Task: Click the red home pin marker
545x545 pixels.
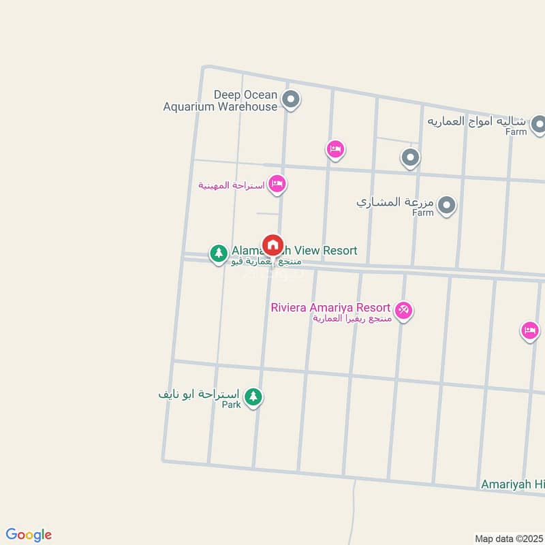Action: click(x=272, y=245)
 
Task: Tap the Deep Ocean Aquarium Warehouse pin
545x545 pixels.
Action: click(x=291, y=101)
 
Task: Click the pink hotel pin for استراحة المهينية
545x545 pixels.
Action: click(x=277, y=184)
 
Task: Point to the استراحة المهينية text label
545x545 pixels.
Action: click(x=232, y=185)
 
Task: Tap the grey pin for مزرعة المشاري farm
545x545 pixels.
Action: click(x=446, y=204)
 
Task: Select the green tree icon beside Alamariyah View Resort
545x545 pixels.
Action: click(x=218, y=253)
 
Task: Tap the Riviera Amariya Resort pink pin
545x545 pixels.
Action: click(x=403, y=311)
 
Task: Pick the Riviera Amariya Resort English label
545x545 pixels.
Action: click(x=330, y=307)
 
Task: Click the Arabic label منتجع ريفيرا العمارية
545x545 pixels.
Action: click(x=352, y=319)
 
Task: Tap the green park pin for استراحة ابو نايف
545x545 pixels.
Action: click(x=253, y=396)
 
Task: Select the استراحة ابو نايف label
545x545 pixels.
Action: click(x=200, y=394)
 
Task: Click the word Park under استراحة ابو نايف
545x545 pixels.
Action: click(x=232, y=405)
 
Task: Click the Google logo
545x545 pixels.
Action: click(x=29, y=535)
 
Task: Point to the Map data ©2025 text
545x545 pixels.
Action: click(x=508, y=538)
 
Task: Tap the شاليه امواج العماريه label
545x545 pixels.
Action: click(x=477, y=121)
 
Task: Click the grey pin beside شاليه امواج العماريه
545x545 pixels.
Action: click(x=538, y=124)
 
